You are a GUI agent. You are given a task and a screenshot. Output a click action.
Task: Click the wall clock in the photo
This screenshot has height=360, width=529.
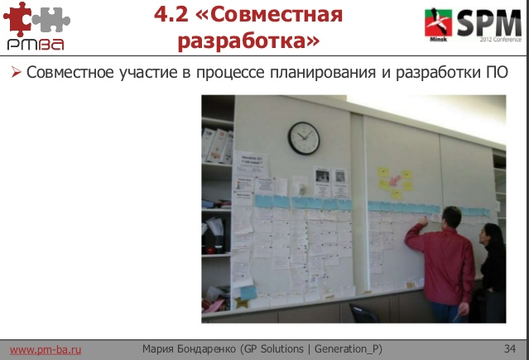[x=304, y=137]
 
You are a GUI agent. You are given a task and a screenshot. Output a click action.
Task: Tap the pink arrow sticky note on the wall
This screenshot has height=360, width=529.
[x=406, y=176]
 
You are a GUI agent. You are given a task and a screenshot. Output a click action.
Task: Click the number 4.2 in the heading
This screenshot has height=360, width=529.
[x=173, y=13]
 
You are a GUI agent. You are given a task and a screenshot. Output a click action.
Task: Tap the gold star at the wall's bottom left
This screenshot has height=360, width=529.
[x=242, y=302]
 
